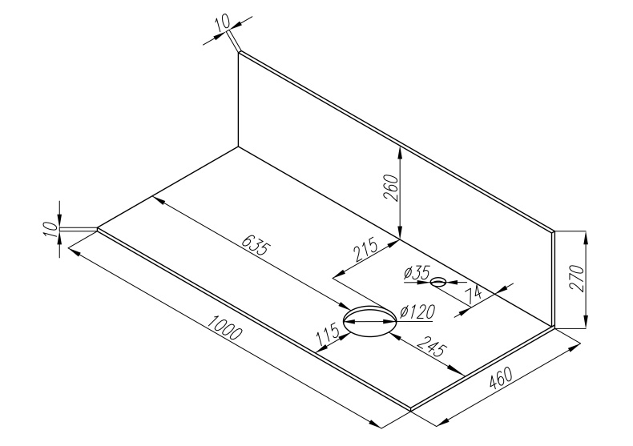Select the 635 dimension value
(x=256, y=247)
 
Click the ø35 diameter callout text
(x=417, y=274)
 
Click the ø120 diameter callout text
(x=414, y=311)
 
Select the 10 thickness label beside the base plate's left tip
(x=52, y=230)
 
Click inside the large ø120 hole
(x=369, y=323)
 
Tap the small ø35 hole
(x=438, y=282)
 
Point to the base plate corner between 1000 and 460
(x=410, y=409)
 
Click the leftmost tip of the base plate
(x=98, y=230)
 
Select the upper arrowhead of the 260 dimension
(x=398, y=151)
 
